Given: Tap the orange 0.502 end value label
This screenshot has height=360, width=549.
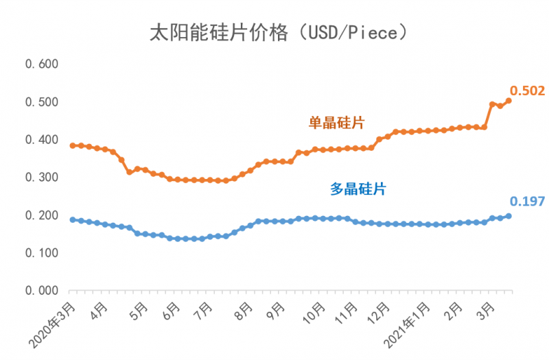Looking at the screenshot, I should pos(527,91).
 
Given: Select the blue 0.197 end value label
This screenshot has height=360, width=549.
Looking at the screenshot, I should pos(527,201).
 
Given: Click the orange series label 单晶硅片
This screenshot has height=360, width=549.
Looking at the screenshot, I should pos(336,123).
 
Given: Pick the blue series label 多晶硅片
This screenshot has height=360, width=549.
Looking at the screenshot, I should pos(358,189).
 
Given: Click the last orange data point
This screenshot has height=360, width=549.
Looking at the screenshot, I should pos(509,101).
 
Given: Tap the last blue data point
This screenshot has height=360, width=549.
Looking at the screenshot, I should pos(509,216).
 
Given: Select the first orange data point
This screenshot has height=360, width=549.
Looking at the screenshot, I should pos(73,145).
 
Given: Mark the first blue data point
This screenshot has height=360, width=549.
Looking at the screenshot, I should pos(73,219).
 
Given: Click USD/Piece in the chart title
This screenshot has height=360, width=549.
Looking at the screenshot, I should pos(353,33).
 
